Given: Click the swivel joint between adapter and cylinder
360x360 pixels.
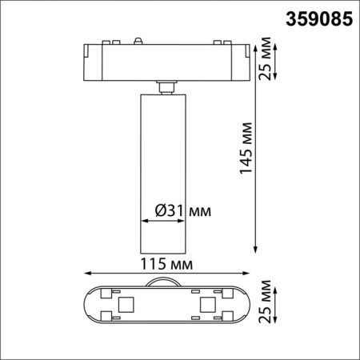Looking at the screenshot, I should (166, 86).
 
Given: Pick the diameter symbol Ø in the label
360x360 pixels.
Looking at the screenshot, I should (158, 210).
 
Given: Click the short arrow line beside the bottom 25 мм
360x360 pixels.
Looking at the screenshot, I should (277, 305).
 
